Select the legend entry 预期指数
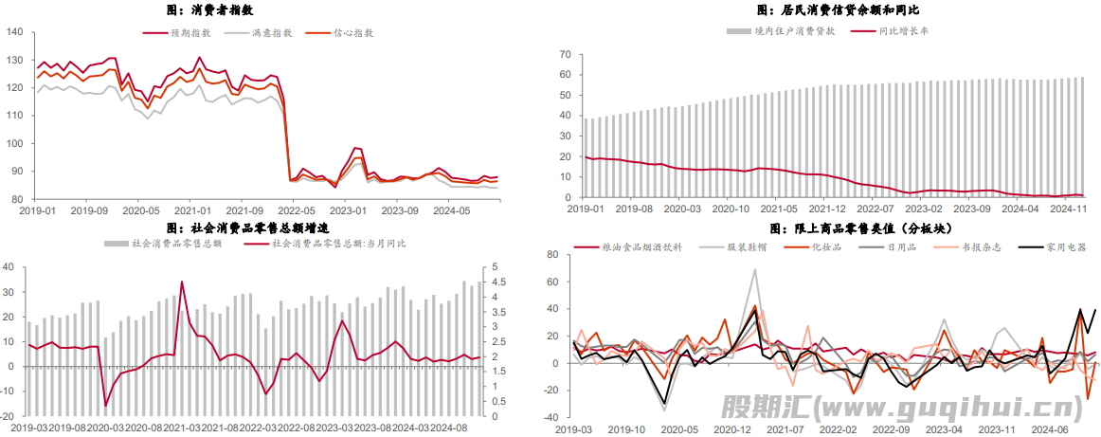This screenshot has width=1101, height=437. (190, 33)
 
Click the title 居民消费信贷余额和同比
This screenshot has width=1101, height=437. (823, 10)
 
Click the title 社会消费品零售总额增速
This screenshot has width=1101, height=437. (247, 228)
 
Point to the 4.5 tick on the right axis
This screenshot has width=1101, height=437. (496, 282)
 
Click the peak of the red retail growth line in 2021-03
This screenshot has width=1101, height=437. (182, 282)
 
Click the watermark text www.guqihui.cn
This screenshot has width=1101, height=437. (948, 409)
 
